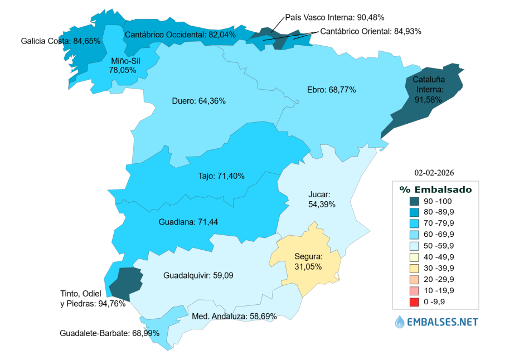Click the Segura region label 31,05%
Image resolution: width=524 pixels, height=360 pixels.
[x=308, y=262]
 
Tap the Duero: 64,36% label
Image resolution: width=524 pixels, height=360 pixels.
[x=198, y=101]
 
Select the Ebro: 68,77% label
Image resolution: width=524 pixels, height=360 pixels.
[x=331, y=90]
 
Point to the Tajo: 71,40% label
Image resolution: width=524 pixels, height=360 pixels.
[x=221, y=176]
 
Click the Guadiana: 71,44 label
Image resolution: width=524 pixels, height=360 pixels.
[x=188, y=222]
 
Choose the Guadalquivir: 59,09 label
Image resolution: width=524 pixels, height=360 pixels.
[x=198, y=275]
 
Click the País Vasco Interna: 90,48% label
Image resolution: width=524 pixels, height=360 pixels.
[x=334, y=18]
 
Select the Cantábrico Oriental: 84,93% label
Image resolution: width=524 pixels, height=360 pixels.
[x=371, y=31]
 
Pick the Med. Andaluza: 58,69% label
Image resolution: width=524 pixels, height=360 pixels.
[x=234, y=316]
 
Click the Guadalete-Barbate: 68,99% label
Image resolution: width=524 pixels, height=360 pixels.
[x=110, y=333]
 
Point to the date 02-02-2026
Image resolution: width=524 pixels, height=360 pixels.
[x=434, y=172]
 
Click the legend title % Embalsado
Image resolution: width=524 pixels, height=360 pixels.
[x=435, y=189]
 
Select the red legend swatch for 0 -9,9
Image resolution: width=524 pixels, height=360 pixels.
[x=414, y=302]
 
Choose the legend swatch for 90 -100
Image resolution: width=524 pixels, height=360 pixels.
[x=414, y=201]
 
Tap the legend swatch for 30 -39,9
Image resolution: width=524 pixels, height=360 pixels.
[x=414, y=268]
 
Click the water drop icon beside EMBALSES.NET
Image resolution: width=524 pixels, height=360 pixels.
[x=400, y=322]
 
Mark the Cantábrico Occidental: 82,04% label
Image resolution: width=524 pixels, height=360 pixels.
[x=180, y=35]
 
